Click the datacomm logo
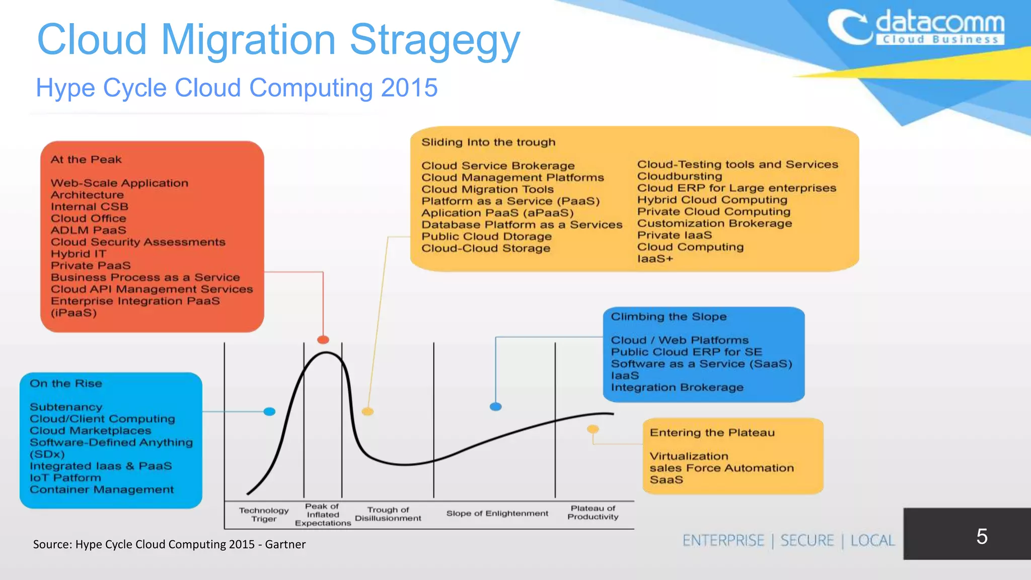click(x=916, y=28)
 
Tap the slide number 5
click(x=982, y=536)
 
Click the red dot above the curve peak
click(x=323, y=340)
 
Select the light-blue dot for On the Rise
click(x=270, y=412)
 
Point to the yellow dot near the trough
click(x=368, y=412)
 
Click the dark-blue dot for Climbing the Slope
click(x=496, y=407)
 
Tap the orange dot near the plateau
click(x=593, y=429)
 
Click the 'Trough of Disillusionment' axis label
click(x=388, y=514)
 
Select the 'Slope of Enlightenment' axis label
click(x=497, y=514)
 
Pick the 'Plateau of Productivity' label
click(x=593, y=513)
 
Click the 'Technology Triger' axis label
click(x=264, y=515)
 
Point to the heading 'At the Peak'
click(x=86, y=160)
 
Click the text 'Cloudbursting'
click(x=679, y=176)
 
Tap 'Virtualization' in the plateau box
click(x=689, y=456)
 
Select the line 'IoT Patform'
click(x=65, y=478)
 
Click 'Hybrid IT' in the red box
click(x=78, y=254)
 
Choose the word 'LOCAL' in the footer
click(x=872, y=541)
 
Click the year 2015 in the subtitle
click(x=409, y=88)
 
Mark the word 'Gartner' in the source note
click(x=285, y=544)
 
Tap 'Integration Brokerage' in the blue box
click(x=677, y=387)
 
